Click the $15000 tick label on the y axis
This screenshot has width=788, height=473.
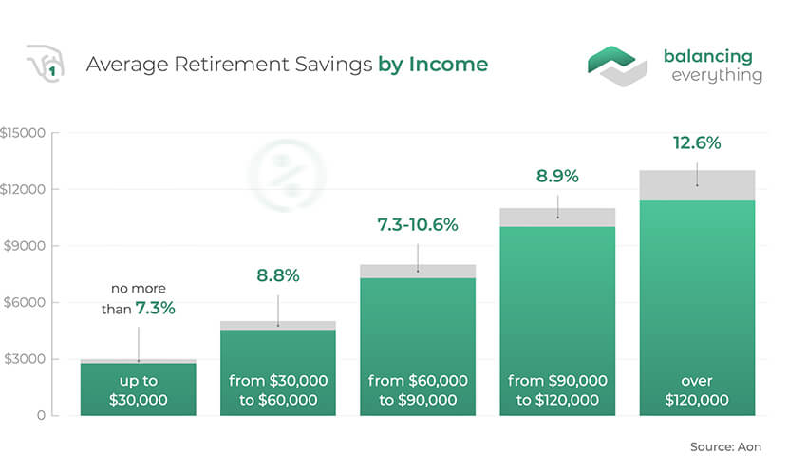(23, 133)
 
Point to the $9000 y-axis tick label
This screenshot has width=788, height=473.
(24, 246)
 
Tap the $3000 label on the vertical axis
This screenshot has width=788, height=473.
(25, 359)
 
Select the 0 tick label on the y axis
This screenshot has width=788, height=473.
(41, 416)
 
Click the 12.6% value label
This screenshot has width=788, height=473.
(697, 143)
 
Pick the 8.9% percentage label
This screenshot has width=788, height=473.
(557, 177)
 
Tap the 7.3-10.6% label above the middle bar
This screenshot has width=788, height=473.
(418, 225)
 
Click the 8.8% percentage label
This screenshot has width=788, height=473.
(278, 275)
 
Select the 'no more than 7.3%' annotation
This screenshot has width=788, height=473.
(139, 298)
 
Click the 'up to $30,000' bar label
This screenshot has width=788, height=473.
(139, 390)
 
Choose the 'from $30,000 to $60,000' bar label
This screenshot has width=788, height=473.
(278, 390)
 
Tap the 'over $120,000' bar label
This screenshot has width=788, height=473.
(697, 390)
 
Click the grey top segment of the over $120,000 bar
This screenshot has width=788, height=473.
(697, 185)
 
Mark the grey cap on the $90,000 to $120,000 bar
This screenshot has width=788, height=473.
(557, 218)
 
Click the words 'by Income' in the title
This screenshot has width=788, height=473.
(433, 65)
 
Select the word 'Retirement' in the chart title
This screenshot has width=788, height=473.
(232, 65)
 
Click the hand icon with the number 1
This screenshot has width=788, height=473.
(46, 64)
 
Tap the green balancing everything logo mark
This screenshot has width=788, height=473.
(617, 66)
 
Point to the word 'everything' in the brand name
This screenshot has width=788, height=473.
(717, 75)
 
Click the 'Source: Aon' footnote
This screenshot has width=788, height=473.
(725, 446)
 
